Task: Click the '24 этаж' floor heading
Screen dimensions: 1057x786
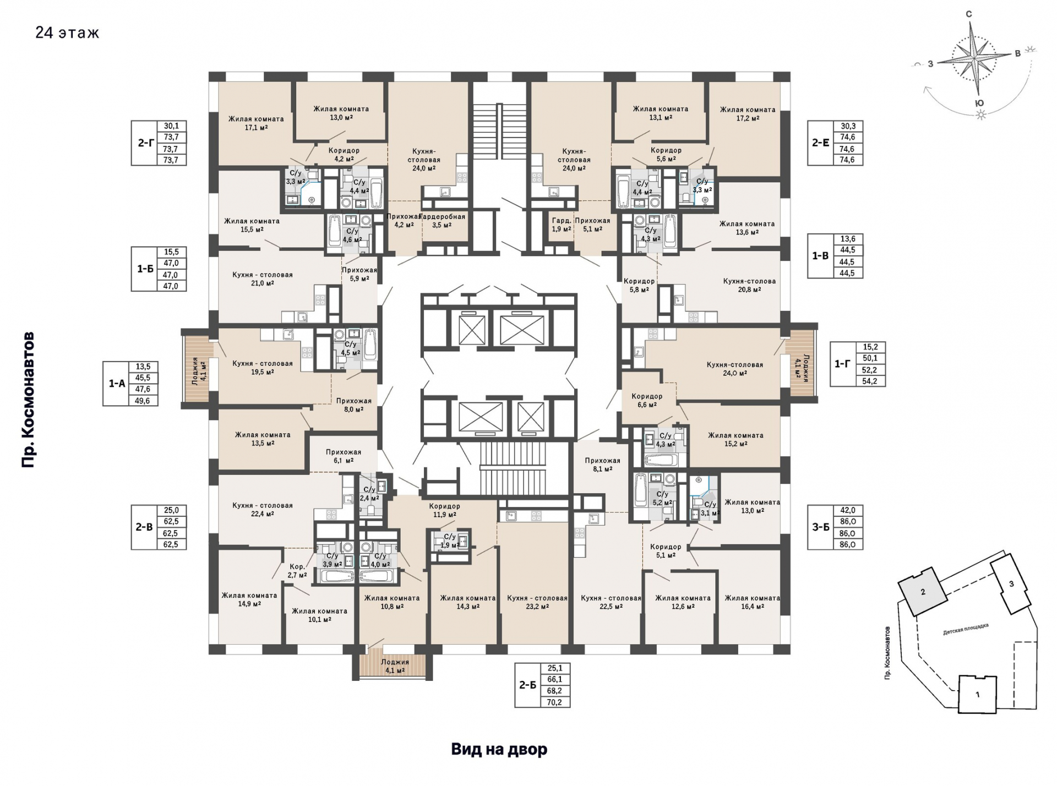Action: [x=67, y=32]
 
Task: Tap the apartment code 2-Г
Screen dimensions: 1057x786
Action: [x=145, y=143]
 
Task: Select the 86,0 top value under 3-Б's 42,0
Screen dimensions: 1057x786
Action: [x=848, y=521]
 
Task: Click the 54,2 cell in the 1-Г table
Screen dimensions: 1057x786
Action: [x=870, y=381]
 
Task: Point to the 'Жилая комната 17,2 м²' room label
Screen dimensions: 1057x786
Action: [x=748, y=113]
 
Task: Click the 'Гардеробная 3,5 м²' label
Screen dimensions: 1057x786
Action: [x=443, y=221]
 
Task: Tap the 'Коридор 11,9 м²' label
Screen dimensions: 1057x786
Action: [x=444, y=510]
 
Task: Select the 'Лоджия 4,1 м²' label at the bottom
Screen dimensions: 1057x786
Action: [x=395, y=666]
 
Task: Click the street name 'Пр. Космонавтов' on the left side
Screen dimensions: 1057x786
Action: [x=28, y=400]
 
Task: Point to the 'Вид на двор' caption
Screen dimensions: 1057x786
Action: [x=499, y=749]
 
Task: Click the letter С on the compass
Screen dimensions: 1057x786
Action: [x=969, y=14]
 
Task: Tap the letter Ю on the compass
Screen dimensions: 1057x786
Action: [x=979, y=103]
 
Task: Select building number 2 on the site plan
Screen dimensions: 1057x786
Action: [x=923, y=592]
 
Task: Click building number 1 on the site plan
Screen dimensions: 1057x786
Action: [x=977, y=695]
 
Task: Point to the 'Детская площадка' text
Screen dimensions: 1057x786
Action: [x=966, y=629]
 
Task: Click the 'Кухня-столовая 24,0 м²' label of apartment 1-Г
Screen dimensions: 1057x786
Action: [x=735, y=368]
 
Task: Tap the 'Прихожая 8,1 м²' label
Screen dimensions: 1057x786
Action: [x=602, y=465]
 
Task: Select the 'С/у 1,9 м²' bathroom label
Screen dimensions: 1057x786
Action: [x=450, y=541]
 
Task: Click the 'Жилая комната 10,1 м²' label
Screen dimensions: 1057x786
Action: [x=319, y=615]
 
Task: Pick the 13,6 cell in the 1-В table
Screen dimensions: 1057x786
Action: [x=848, y=239]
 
